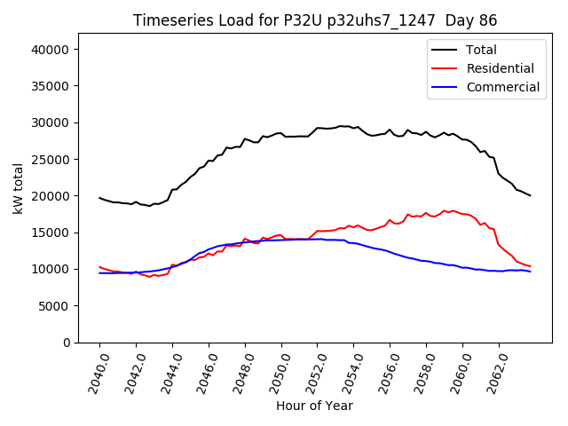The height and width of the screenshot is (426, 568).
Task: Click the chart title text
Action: [315, 20]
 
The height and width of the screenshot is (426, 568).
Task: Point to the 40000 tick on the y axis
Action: [52, 50]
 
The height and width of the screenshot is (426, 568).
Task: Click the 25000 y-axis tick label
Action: [52, 160]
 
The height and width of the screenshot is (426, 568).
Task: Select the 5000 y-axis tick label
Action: [56, 306]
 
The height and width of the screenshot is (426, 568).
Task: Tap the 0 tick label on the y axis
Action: [67, 343]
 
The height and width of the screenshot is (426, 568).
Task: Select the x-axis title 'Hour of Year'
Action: [314, 406]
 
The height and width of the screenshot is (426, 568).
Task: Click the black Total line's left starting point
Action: [99, 198]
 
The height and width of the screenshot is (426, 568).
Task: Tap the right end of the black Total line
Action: [530, 195]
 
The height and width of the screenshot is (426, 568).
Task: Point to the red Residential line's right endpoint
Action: [530, 266]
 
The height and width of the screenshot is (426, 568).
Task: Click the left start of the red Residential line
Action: [99, 267]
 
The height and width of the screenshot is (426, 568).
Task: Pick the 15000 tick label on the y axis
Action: [52, 233]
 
